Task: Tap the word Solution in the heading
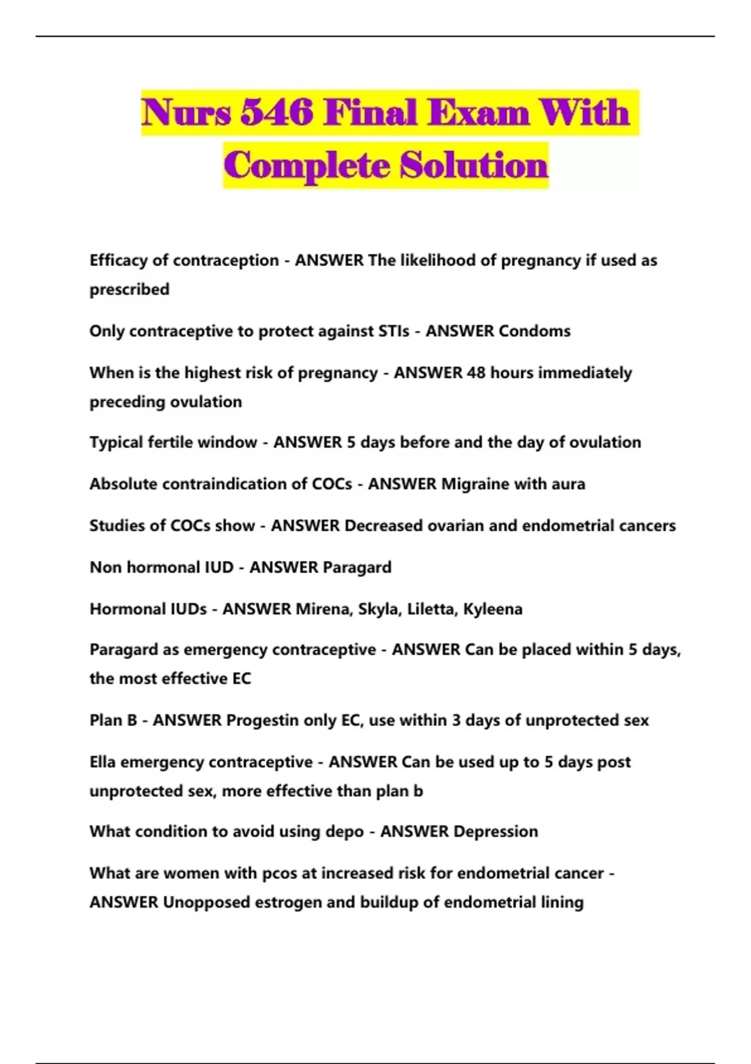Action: click(474, 166)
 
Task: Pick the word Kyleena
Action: click(493, 609)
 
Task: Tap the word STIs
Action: click(390, 331)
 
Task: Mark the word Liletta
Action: click(431, 609)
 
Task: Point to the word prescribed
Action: click(130, 290)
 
